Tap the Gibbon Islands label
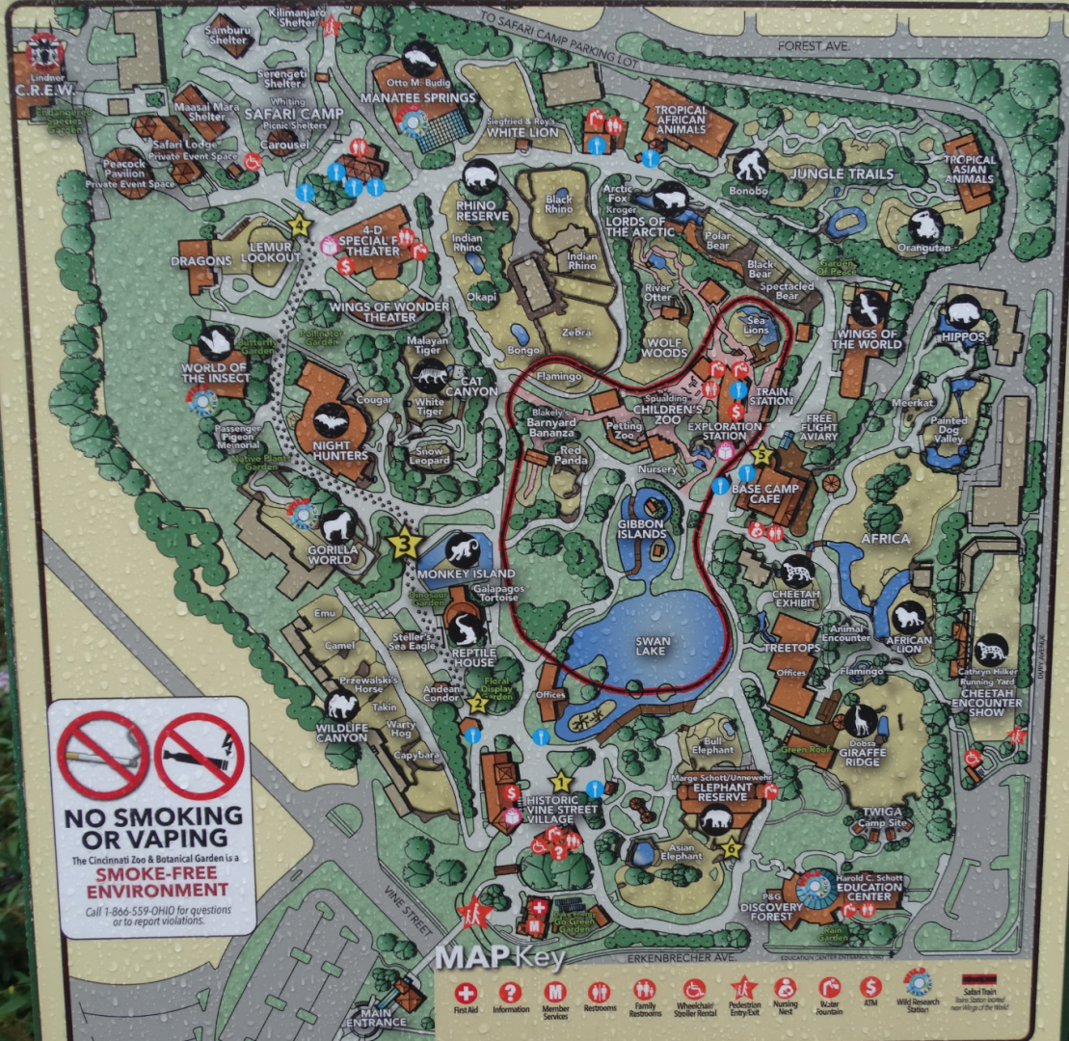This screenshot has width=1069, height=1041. coord(642,527)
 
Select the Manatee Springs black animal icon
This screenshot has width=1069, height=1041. coord(420,60)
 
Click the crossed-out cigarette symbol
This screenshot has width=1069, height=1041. coord(102,755)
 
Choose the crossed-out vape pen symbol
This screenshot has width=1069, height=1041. coord(199,755)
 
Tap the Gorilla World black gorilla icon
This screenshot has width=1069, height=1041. coord(339,525)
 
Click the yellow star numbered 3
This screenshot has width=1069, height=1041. coord(405,544)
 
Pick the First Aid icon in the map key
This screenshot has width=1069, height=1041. coord(467,991)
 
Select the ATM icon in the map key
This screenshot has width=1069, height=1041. coord(871,989)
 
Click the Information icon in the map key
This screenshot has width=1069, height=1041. coord(511,991)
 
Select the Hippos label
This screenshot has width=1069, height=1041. coord(964,337)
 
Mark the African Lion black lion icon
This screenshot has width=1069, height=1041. coord(908,616)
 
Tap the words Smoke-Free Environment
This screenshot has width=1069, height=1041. coord(161,881)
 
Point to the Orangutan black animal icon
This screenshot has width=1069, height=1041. coord(925,225)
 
